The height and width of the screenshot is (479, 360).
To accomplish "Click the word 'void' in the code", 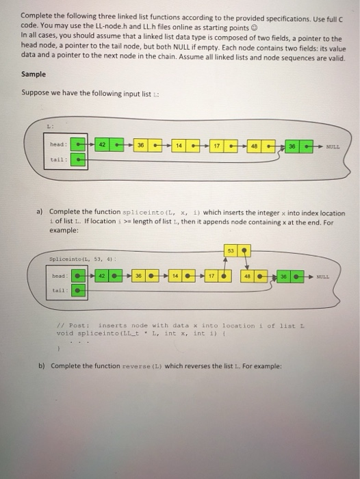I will click(x=64, y=333).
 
